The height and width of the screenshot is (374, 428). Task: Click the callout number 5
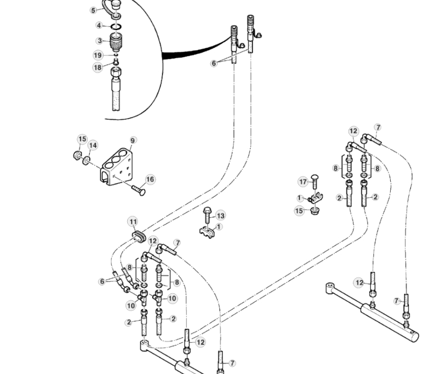click(x=94, y=10)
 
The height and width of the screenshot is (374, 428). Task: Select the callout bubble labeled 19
click(x=98, y=55)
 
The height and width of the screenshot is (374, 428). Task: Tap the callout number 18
click(x=98, y=67)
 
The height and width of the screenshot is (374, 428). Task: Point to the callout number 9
click(x=132, y=141)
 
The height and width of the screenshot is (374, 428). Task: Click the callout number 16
click(x=150, y=180)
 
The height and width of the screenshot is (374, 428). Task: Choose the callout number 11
click(x=133, y=222)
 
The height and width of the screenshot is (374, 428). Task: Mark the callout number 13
click(x=220, y=215)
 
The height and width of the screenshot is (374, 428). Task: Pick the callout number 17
click(x=303, y=182)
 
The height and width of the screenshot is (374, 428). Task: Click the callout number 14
click(x=93, y=146)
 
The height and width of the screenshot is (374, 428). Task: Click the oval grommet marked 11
click(x=138, y=237)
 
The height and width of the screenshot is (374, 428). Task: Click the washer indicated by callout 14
click(x=87, y=160)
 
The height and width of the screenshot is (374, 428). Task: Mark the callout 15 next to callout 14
click(x=82, y=139)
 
